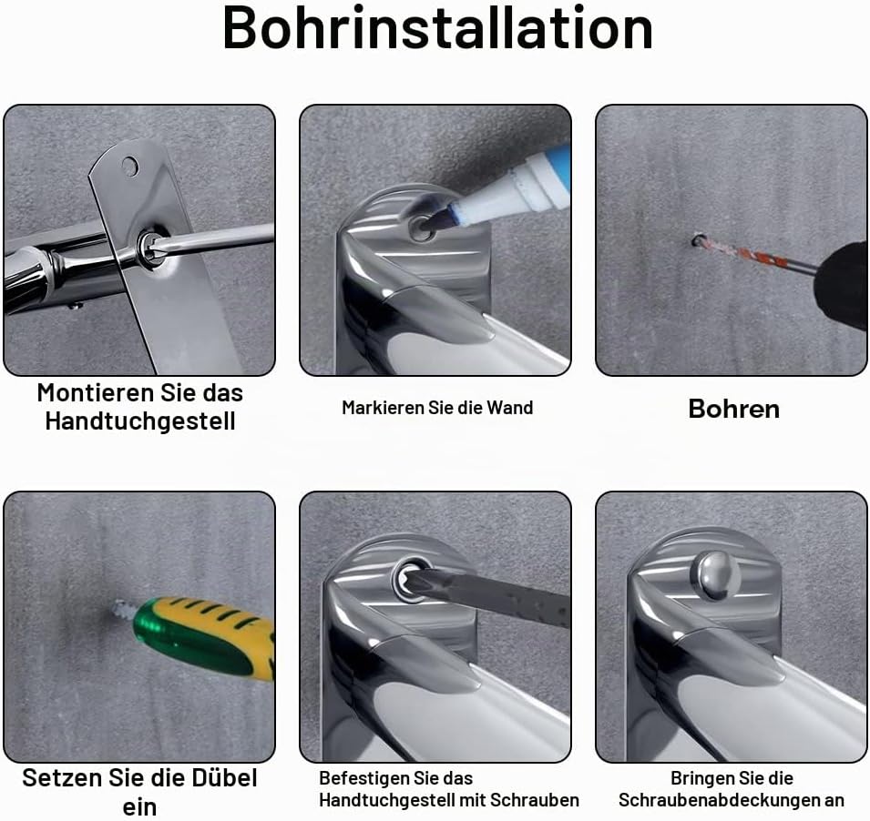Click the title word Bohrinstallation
437,27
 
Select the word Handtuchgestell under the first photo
140,421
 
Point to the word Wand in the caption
510,408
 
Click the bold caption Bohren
733,409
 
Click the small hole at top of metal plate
130,166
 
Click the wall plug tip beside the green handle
123,611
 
